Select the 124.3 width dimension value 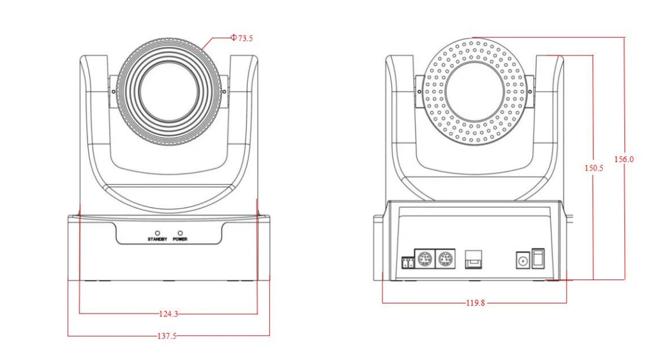(x=169, y=313)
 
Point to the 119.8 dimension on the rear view (x=475, y=303)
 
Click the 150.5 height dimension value (x=593, y=168)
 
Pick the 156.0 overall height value (x=624, y=159)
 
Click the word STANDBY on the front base (x=157, y=239)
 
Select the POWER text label (x=180, y=239)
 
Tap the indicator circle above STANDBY (x=157, y=232)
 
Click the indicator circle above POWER (x=180, y=232)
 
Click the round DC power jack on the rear (x=522, y=259)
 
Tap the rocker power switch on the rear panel (x=538, y=259)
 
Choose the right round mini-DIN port (x=444, y=259)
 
